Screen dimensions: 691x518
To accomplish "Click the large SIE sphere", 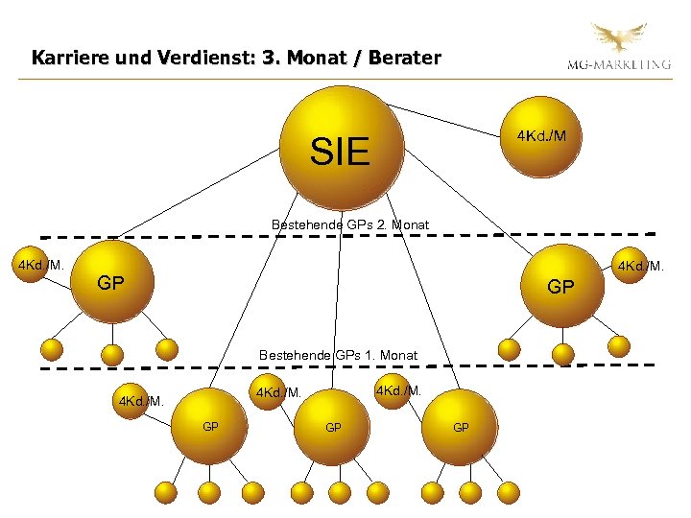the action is [341, 149].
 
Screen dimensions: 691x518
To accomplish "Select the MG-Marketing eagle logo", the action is [619, 39].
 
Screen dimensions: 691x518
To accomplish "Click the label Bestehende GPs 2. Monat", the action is [349, 224].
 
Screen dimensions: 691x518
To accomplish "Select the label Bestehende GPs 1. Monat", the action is [338, 355].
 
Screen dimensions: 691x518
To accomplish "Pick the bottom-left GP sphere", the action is [209, 426].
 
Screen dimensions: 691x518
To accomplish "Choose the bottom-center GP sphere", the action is [333, 426].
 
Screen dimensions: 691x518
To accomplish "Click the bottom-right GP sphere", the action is [461, 426].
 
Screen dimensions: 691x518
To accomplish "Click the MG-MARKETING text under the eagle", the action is [618, 65].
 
